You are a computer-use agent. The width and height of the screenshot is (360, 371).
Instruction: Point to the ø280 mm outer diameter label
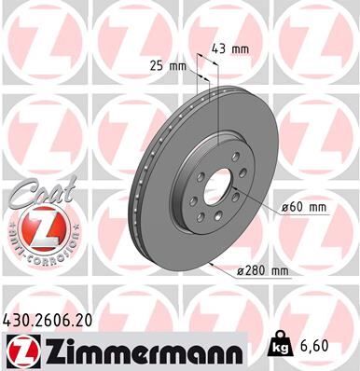point(264,271)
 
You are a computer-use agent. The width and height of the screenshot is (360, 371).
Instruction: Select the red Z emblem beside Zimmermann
point(20,351)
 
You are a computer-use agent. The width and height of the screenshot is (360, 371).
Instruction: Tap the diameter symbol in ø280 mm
point(241,271)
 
